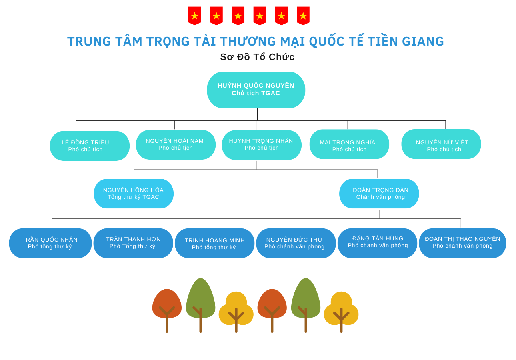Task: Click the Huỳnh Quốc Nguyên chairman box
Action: pos(256,90)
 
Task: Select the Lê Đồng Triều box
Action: pos(90,146)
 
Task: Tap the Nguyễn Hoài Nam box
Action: pos(176,144)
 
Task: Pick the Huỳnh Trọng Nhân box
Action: pos(262,145)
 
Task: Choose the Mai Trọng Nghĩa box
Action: pos(349,144)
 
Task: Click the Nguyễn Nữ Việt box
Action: pos(441,144)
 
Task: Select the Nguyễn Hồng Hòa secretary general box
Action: pos(134,194)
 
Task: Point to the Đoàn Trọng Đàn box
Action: pos(379,194)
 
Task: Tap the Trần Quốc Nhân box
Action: pos(50,243)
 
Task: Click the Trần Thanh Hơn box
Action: pos(133,243)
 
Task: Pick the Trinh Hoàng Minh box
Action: pos(214,243)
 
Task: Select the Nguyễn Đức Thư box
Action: pos(296,243)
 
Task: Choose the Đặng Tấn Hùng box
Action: pos(377,243)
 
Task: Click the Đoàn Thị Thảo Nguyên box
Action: pos(462,243)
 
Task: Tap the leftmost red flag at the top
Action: pos(195,16)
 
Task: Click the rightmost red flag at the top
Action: pos(303,16)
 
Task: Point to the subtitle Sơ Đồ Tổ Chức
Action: pos(257,57)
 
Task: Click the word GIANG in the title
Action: pos(425,41)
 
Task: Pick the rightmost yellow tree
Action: pos(341,310)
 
